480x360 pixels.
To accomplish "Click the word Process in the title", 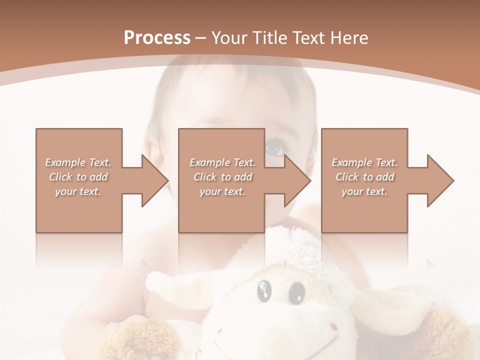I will [157, 37].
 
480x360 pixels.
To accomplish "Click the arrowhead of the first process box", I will [154, 180].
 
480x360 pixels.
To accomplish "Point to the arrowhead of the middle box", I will [297, 180].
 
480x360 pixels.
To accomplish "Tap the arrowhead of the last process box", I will [440, 180].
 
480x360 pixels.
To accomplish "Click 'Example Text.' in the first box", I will [78, 162].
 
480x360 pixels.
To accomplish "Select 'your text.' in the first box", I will [78, 191].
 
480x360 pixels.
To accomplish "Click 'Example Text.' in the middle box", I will [222, 162].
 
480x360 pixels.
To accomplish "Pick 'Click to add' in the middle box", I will [222, 177].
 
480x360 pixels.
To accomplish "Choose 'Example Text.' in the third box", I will [364, 162].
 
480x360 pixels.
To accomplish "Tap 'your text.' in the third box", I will [364, 191].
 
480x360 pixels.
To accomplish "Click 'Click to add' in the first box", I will [78, 177].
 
